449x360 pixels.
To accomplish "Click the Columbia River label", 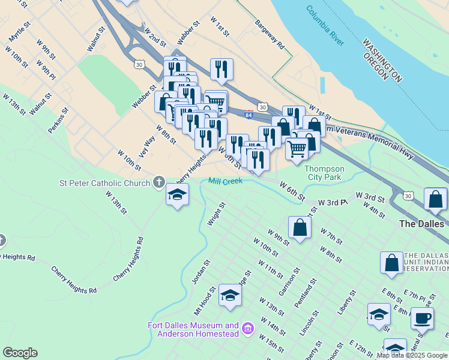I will [325, 26].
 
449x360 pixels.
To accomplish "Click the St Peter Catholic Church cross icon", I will [158, 182].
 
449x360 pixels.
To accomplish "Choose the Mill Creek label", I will [224, 181].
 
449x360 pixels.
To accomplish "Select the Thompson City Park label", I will [324, 173].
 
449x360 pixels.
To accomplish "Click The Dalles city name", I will [422, 223].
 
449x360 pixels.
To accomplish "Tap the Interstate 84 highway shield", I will [249, 113].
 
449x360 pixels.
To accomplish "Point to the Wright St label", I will [216, 214].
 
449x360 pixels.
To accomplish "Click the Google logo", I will [20, 353].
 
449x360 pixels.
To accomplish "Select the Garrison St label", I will [289, 277].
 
